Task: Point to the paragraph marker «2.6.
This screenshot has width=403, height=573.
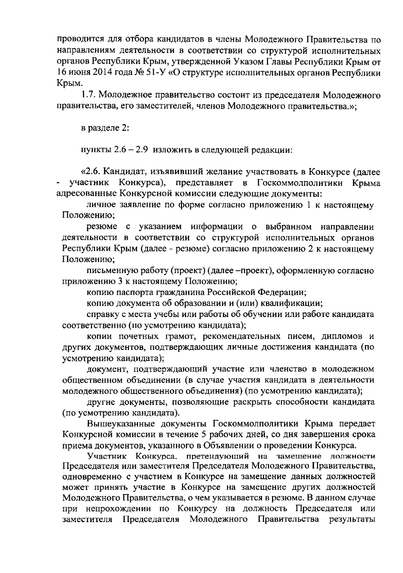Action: [91, 172]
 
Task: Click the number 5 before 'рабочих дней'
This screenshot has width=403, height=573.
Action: [203, 434]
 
